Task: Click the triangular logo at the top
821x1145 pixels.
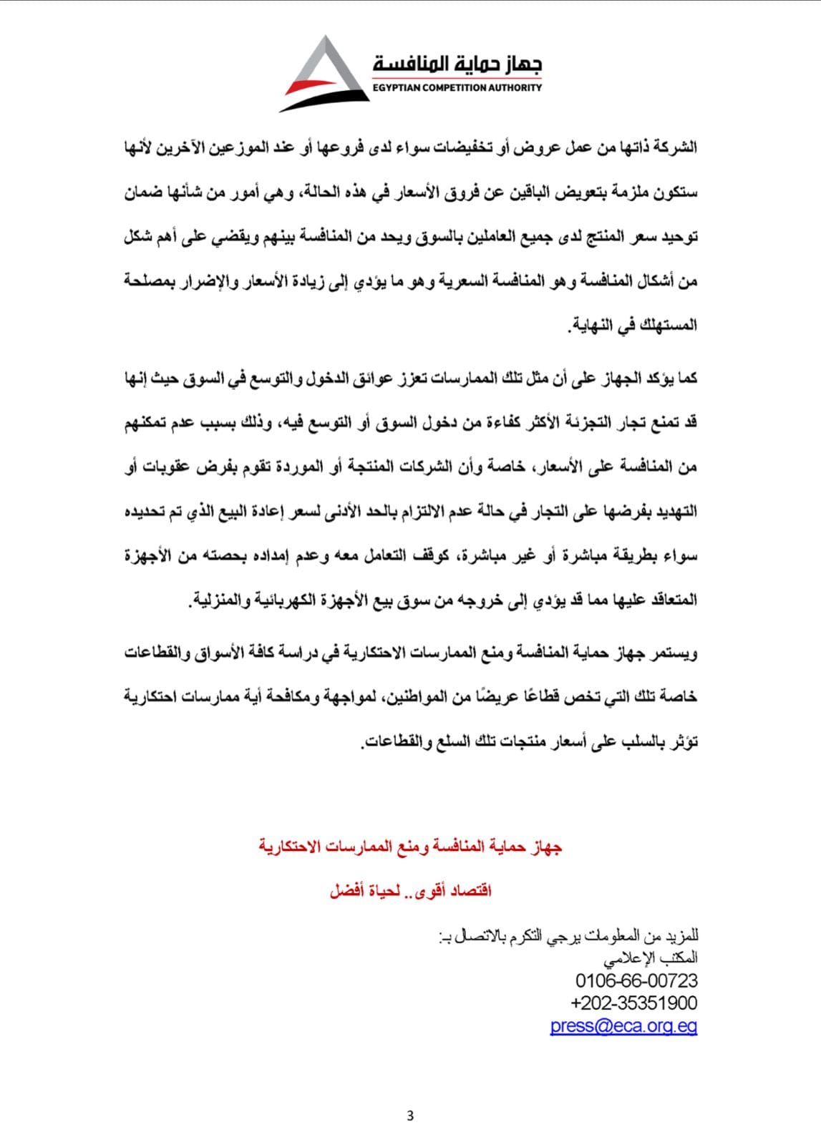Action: click(x=324, y=74)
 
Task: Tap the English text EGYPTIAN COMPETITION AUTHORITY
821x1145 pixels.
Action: click(x=457, y=87)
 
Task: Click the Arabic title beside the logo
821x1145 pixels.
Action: click(x=457, y=64)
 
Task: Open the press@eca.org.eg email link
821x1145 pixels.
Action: click(x=623, y=1025)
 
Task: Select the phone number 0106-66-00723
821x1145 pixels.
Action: click(x=636, y=980)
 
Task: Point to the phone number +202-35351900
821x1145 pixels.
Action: click(x=634, y=1003)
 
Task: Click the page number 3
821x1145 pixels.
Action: click(x=410, y=1116)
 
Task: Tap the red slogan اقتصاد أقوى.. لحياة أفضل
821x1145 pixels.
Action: click(x=410, y=891)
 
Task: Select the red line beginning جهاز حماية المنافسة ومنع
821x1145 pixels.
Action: click(x=410, y=847)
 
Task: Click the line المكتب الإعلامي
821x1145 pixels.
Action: click(x=651, y=958)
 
